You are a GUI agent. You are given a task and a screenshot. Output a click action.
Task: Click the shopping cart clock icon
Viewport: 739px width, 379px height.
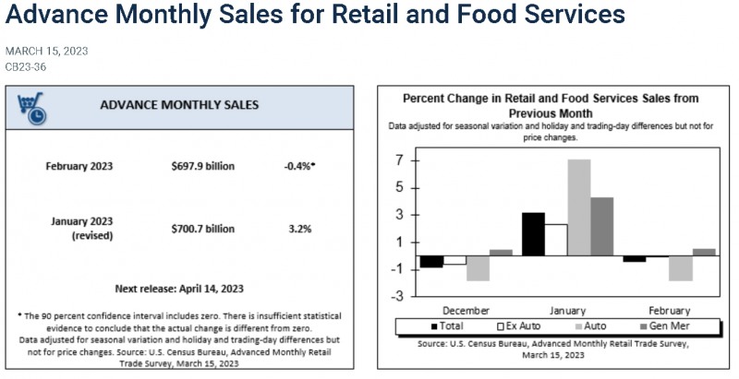tap(31, 108)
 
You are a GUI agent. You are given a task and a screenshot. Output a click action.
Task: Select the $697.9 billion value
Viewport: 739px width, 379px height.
tap(202, 167)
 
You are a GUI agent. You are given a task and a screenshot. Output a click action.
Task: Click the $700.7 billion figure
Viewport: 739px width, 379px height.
tap(202, 229)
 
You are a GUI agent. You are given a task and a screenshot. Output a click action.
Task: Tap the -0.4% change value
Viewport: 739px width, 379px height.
tap(299, 167)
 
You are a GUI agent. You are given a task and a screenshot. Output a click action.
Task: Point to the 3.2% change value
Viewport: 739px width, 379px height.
tap(300, 229)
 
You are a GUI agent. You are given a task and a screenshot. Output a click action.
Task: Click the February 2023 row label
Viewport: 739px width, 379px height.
tap(79, 167)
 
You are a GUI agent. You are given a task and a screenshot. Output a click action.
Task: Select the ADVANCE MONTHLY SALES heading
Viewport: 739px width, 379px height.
tap(179, 105)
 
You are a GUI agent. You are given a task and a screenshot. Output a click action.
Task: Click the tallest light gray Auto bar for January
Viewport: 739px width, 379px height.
tap(579, 207)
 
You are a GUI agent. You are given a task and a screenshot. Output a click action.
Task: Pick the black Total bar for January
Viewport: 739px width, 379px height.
tap(534, 234)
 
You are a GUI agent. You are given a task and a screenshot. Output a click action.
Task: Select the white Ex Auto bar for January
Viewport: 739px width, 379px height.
tap(556, 240)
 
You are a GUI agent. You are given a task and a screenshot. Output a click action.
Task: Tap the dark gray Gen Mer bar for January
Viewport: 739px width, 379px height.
tap(602, 227)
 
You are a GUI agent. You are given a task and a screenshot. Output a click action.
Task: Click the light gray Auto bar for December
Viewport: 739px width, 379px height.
tap(478, 268)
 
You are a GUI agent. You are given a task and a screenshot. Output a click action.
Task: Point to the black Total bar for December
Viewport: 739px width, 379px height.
tap(431, 262)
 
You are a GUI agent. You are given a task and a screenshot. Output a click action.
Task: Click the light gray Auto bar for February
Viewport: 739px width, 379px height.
tap(681, 268)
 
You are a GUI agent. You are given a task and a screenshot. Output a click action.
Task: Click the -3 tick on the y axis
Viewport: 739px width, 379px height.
tap(399, 296)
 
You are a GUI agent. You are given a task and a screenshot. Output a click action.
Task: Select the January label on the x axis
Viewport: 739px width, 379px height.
tap(567, 311)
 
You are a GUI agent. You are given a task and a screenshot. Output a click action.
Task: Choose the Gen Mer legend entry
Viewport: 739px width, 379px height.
tap(663, 326)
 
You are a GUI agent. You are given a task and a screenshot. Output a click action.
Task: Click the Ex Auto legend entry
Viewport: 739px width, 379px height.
tap(519, 326)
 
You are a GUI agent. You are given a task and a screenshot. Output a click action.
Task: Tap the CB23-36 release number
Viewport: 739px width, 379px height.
tap(26, 66)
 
